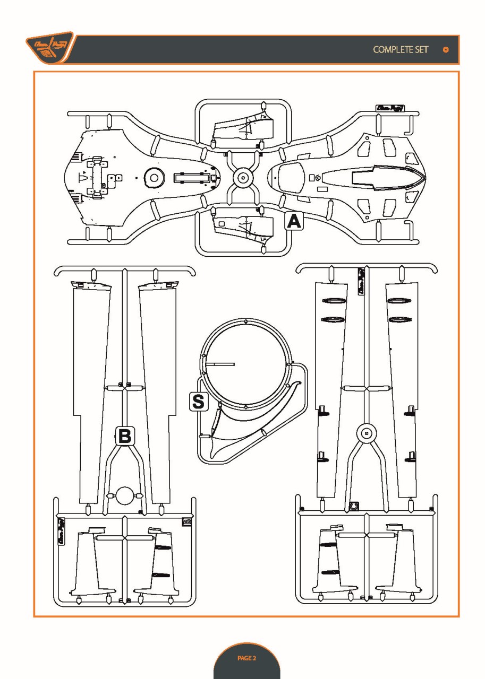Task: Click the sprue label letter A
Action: pos(294,221)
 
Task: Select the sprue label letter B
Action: pos(125,436)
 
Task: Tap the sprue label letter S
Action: pos(197,401)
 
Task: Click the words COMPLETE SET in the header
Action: pos(401,49)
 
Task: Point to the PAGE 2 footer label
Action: pos(246,658)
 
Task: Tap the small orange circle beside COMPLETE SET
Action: pos(446,49)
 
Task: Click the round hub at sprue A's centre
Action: pos(243,177)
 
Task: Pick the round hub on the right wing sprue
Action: pos(365,434)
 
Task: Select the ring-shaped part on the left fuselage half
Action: pos(154,178)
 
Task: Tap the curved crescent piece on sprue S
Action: pos(250,435)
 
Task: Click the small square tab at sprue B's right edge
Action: pos(187,522)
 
